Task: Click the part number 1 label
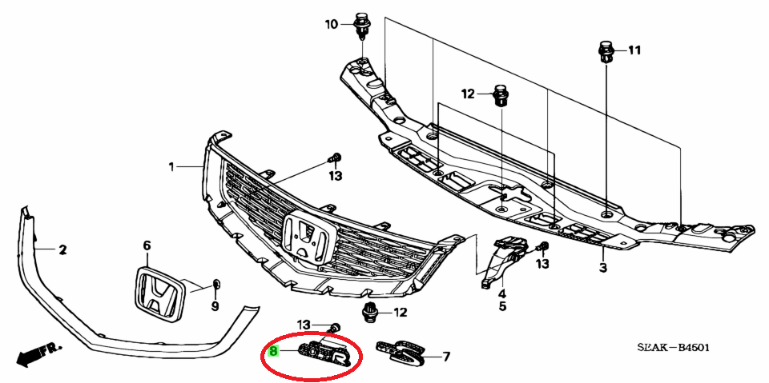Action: click(x=171, y=167)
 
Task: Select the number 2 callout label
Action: click(x=62, y=251)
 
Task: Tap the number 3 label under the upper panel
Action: click(x=602, y=267)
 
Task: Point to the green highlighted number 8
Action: click(x=274, y=351)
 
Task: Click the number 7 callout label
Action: click(x=446, y=357)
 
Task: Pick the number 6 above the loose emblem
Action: click(x=147, y=245)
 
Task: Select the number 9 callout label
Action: click(x=215, y=306)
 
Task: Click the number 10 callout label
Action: click(x=332, y=23)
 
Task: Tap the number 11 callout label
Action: click(x=634, y=50)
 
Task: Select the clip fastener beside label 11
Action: click(x=606, y=53)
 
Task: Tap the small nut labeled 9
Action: click(x=216, y=284)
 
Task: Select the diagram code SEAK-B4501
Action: click(x=673, y=348)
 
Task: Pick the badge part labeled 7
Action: click(x=402, y=351)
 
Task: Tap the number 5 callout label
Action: click(x=503, y=306)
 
